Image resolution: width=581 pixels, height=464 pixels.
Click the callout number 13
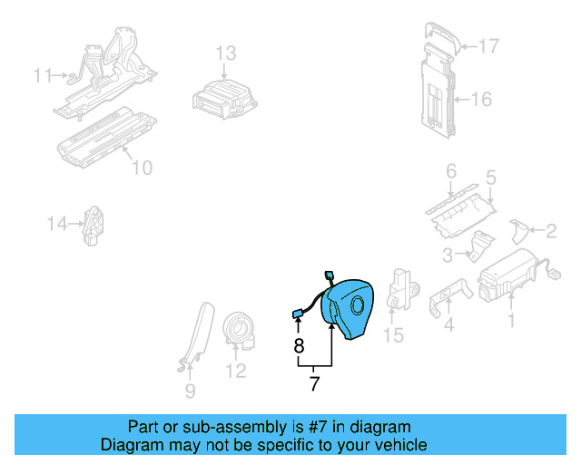click(225, 53)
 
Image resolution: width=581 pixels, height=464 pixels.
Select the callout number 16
click(481, 99)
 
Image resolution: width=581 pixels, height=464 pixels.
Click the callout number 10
click(142, 167)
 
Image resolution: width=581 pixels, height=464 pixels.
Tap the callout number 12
click(235, 370)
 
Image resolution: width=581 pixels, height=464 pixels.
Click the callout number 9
click(190, 391)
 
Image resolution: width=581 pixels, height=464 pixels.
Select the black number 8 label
click(298, 344)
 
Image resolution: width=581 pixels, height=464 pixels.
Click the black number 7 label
click(314, 383)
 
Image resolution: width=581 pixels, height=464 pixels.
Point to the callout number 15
click(392, 336)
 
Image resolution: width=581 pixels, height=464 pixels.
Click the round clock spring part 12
click(241, 328)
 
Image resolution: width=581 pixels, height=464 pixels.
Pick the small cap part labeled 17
click(441, 34)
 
